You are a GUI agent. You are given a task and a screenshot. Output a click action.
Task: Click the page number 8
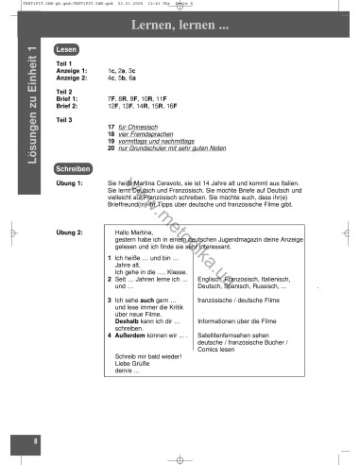click(34, 440)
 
